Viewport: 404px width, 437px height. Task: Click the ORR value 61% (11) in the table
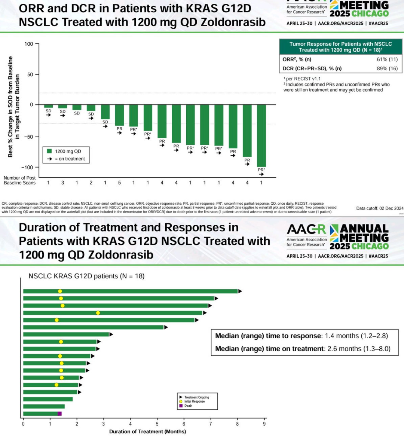coord(387,59)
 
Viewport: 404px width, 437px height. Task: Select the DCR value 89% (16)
coord(387,68)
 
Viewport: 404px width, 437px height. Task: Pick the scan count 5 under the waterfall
coord(119,183)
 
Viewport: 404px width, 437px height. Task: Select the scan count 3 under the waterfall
coord(62,183)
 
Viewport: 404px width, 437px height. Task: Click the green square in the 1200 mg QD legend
coord(49,151)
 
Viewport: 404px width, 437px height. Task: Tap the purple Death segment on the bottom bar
coord(59,413)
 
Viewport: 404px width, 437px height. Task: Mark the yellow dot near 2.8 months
coord(98,313)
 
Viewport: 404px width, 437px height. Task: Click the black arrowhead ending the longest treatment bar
coord(240,291)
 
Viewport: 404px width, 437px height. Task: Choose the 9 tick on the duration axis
coord(264,424)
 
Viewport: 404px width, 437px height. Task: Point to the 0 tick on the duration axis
coord(23,424)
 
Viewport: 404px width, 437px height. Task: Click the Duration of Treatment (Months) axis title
coord(147,431)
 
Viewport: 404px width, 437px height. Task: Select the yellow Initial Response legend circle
coord(181,401)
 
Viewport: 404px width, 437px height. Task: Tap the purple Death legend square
coord(181,406)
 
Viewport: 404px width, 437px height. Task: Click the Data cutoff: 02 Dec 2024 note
coord(379,208)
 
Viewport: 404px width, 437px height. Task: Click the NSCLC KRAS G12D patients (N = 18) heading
coord(86,276)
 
